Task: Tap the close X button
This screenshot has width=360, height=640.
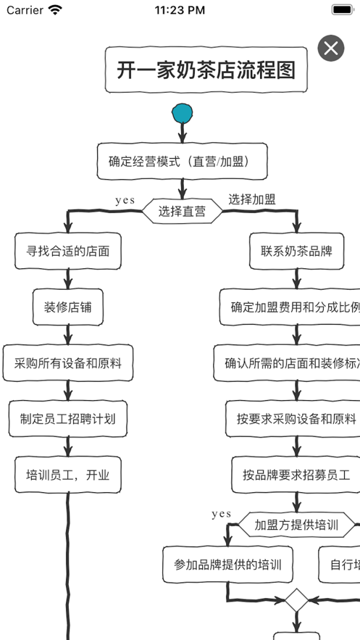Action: pos(331,49)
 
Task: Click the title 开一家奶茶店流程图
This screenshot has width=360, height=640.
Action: pos(206,70)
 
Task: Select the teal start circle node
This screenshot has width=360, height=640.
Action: pos(183,113)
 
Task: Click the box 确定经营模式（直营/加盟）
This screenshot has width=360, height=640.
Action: pos(183,162)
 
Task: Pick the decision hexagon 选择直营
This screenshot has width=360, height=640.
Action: pos(182,212)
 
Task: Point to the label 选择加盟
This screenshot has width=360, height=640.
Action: pos(252,199)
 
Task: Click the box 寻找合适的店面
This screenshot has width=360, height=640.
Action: pos(68,252)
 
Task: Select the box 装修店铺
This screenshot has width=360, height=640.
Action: pos(68,307)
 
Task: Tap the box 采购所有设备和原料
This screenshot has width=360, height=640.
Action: pos(68,363)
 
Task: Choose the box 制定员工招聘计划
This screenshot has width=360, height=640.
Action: pos(68,419)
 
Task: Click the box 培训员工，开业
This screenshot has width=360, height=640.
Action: pos(68,475)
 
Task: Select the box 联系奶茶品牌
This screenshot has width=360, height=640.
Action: pos(296,252)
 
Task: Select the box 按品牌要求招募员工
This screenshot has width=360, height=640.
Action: pos(296,475)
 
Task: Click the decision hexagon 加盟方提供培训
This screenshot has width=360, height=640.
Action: pos(297,525)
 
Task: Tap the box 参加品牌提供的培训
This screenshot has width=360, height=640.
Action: pos(228,565)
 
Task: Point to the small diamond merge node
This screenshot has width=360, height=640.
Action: pos(296,600)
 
